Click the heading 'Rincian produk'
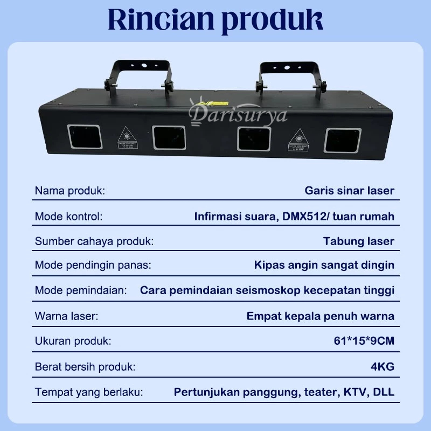215,20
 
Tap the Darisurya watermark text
238,114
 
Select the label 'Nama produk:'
70,191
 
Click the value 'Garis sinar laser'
349,191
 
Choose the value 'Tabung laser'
359,241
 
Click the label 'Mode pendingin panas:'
93,265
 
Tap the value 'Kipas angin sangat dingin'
324,265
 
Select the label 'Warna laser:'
67,316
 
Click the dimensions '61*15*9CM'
364,341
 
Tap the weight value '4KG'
383,367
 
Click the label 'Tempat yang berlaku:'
89,392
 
